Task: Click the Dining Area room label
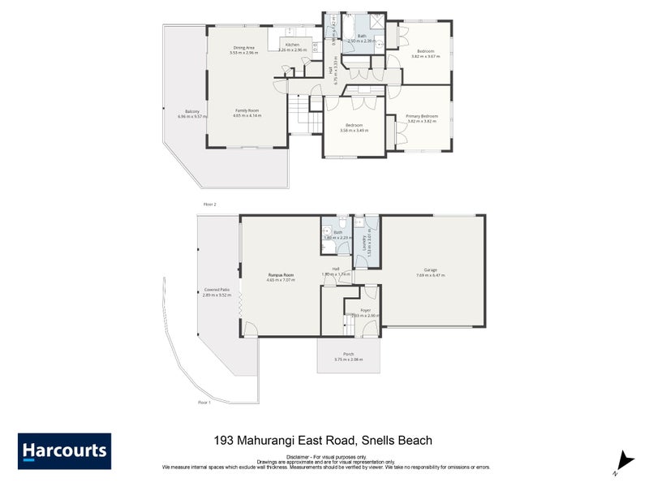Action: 244,48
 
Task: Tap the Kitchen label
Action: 292,45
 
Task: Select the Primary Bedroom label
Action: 422,116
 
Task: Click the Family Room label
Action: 247,110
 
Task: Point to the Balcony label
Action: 192,111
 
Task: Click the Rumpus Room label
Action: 282,275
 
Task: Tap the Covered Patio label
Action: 217,290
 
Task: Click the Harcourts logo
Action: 64,451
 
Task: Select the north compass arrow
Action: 623,460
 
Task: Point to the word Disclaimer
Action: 290,457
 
